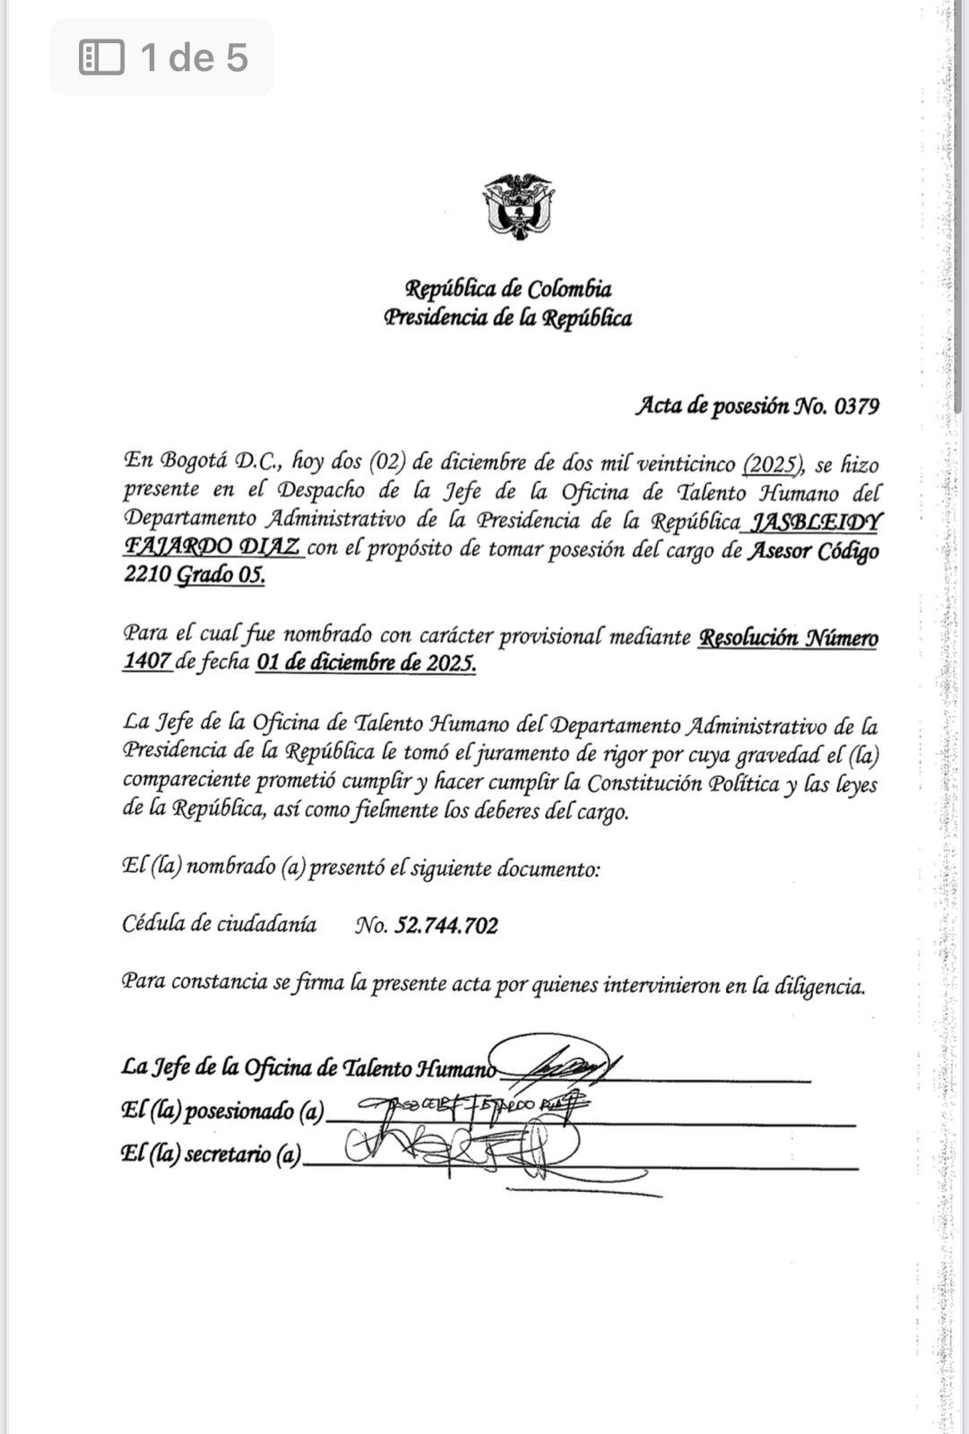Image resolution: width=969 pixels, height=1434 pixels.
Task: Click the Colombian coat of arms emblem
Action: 518,207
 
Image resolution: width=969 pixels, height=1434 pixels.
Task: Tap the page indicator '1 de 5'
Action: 194,57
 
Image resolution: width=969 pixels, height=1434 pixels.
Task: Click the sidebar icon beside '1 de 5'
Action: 101,57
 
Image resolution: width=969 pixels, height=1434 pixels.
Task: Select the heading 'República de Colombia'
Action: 508,289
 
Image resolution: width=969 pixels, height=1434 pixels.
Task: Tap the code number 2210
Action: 146,574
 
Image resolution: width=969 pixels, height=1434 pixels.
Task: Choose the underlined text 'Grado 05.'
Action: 220,574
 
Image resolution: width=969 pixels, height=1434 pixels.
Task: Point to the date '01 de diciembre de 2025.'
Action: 365,663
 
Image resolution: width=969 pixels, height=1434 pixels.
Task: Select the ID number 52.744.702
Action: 446,926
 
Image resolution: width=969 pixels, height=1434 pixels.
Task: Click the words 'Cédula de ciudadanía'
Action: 219,924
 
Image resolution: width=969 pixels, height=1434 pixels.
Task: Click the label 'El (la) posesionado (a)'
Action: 221,1111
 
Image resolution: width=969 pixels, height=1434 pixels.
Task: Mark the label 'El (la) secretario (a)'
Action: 211,1154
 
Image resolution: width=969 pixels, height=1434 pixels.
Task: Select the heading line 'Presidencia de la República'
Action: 507,318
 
